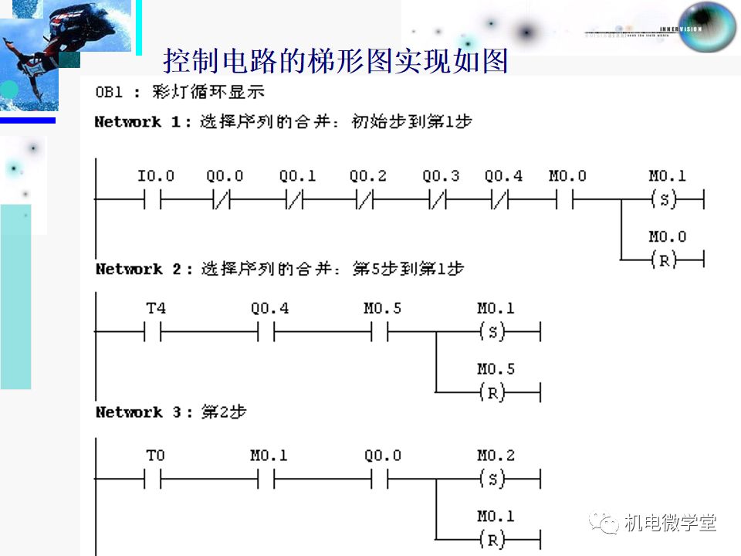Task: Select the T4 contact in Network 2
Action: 153,334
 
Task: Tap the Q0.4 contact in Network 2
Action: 266,334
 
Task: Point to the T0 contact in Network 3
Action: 153,480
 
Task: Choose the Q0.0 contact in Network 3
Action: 380,480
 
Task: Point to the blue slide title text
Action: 336,61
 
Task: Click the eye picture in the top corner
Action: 707,25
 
